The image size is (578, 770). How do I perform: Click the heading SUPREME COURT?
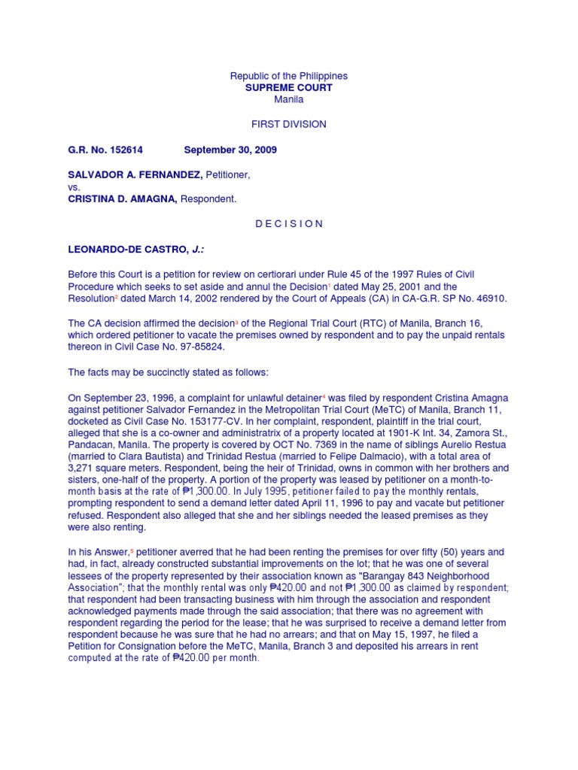[289, 88]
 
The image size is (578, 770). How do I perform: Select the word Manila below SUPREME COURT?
[289, 99]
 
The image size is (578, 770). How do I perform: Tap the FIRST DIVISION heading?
[289, 124]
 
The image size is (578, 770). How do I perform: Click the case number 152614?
[113, 150]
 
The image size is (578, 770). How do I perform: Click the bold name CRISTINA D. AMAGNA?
[121, 199]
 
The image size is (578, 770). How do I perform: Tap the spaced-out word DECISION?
[289, 223]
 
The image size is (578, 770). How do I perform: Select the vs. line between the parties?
[74, 187]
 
